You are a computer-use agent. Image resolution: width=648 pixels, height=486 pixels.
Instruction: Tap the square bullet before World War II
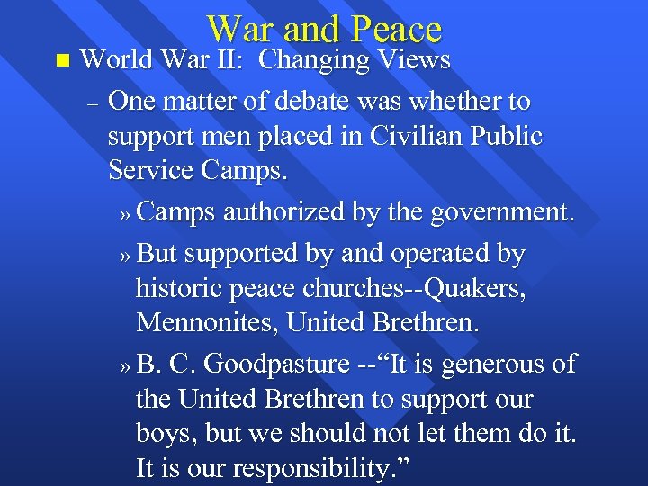point(61,61)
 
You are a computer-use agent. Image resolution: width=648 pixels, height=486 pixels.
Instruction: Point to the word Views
point(413,60)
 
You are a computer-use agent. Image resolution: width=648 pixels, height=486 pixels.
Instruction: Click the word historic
point(181,289)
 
